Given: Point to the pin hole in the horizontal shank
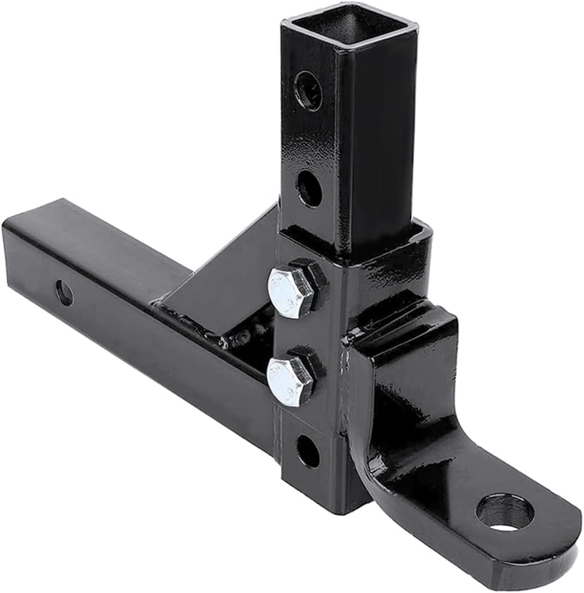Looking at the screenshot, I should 64,292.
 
